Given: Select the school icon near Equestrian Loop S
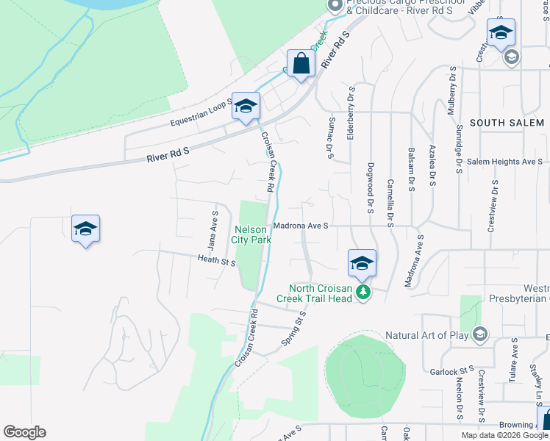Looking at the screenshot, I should [x=246, y=107].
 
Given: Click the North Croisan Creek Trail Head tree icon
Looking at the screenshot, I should [x=362, y=293].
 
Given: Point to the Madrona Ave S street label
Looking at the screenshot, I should [x=300, y=226].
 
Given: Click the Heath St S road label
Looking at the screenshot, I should [x=216, y=259].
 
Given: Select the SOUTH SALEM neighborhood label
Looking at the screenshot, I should [x=506, y=123].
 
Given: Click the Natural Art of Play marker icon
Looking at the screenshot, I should [x=480, y=335].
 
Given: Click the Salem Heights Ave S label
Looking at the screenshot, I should [x=504, y=162].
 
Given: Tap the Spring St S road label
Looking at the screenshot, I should [x=293, y=329].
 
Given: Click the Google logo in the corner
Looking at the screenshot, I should [x=24, y=432].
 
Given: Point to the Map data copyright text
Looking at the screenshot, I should [x=505, y=435].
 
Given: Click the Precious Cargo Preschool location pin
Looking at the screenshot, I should [x=335, y=6].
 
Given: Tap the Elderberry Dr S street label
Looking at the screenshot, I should [x=351, y=114].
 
